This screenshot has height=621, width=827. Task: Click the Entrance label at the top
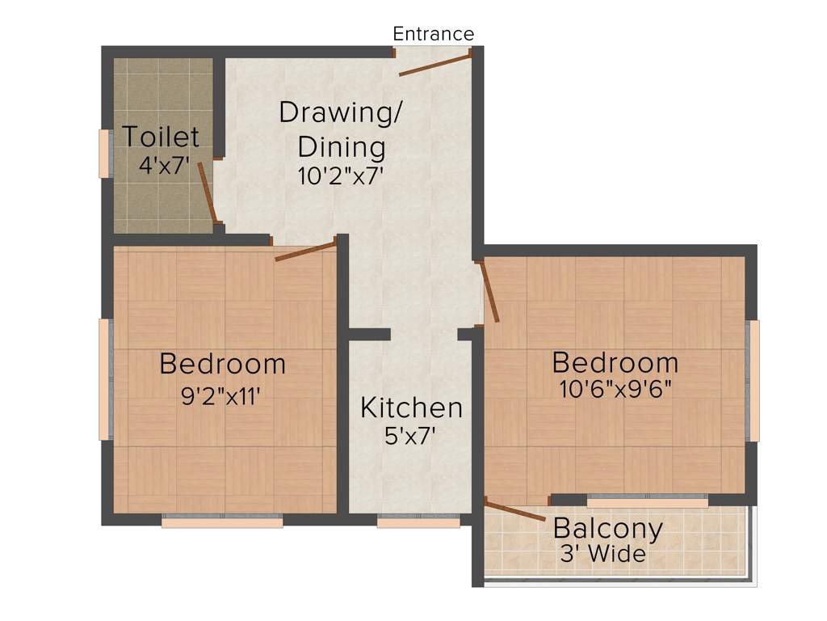pyautogui.click(x=433, y=34)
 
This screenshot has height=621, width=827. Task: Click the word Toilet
pyautogui.click(x=161, y=137)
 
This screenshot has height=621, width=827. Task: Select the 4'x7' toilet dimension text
pyautogui.click(x=164, y=166)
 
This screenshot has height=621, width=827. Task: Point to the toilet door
pyautogui.click(x=207, y=191)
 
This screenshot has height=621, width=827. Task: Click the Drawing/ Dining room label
pyautogui.click(x=340, y=129)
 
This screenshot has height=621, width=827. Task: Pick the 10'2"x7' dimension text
pyautogui.click(x=339, y=175)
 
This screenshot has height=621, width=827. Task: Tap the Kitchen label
pyautogui.click(x=411, y=408)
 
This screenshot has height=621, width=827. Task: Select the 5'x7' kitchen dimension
pyautogui.click(x=411, y=437)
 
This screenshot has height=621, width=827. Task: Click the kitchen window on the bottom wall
pyautogui.click(x=418, y=522)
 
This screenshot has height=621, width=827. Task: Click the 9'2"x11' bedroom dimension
pyautogui.click(x=222, y=395)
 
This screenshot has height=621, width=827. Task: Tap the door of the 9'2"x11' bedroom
pyautogui.click(x=304, y=251)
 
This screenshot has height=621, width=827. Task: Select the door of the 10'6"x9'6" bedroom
pyautogui.click(x=489, y=291)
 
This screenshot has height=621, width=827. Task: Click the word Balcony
pyautogui.click(x=607, y=529)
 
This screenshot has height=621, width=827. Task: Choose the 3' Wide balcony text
pyautogui.click(x=604, y=555)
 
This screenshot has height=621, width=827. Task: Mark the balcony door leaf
pyautogui.click(x=515, y=508)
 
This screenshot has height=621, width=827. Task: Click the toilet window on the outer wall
pyautogui.click(x=104, y=153)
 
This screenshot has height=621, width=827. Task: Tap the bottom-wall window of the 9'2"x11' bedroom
pyautogui.click(x=222, y=522)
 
